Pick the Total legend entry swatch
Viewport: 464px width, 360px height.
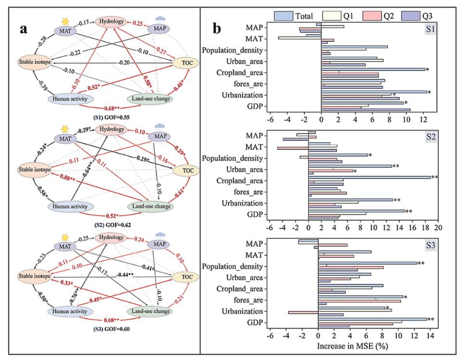pos(285,16)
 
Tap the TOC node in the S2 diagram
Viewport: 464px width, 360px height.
pos(185,171)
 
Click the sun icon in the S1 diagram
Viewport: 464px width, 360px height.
pos(64,21)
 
